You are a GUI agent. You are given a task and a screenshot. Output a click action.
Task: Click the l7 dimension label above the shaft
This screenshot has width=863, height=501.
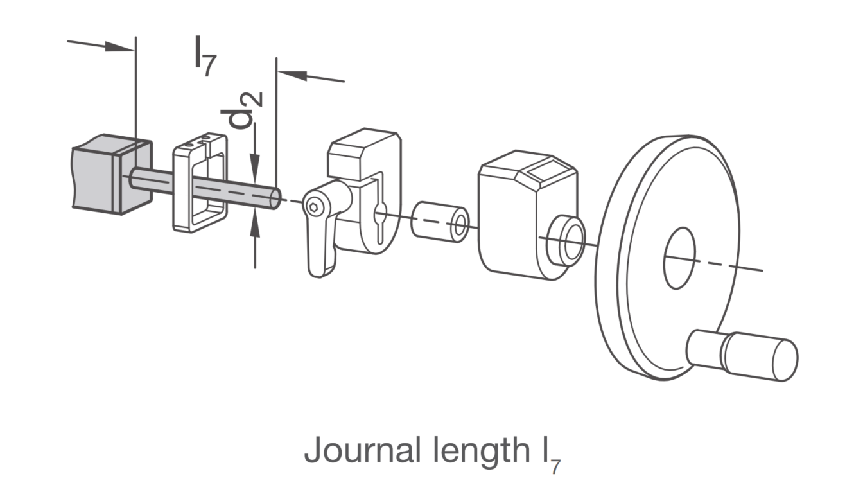(x=205, y=56)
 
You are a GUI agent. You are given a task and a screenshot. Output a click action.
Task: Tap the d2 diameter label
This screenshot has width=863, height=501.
(x=241, y=110)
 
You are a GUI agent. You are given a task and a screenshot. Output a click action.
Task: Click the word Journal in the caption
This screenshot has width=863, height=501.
(x=362, y=450)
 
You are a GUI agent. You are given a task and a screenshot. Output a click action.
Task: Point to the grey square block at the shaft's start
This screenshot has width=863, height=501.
(x=112, y=174)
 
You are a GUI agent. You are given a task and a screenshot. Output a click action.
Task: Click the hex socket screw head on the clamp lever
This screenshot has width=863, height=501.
(x=313, y=207)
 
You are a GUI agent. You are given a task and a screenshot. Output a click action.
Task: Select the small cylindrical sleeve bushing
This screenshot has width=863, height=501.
(x=440, y=222)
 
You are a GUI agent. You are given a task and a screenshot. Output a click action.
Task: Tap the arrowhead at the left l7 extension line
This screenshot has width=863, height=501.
(x=120, y=47)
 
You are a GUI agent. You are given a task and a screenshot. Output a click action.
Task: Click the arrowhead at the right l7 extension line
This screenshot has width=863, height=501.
(x=292, y=75)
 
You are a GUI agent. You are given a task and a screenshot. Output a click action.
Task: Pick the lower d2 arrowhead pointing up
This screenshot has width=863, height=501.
(x=255, y=224)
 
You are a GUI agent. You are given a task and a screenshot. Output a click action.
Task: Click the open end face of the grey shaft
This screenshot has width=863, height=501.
(x=275, y=199)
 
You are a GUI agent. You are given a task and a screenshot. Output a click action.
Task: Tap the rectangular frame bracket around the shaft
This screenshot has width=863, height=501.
(x=200, y=182)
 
